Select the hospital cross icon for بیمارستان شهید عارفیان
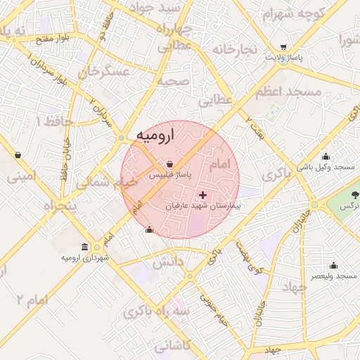click(203, 195)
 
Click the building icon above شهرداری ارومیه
click(85, 247)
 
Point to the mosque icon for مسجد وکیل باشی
click(325, 157)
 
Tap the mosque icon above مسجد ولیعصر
click(333, 266)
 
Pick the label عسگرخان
click(105, 72)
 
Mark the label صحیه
click(172, 81)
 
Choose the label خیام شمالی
click(107, 184)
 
